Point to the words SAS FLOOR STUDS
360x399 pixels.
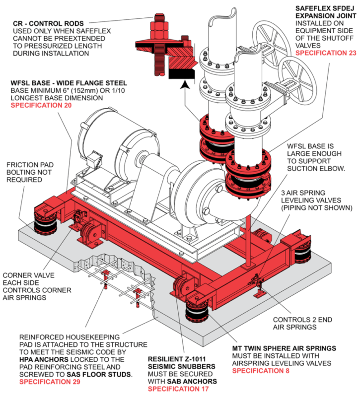tap(104, 374)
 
